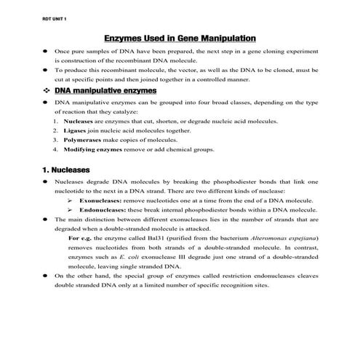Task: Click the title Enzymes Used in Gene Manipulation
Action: tap(180, 36)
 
